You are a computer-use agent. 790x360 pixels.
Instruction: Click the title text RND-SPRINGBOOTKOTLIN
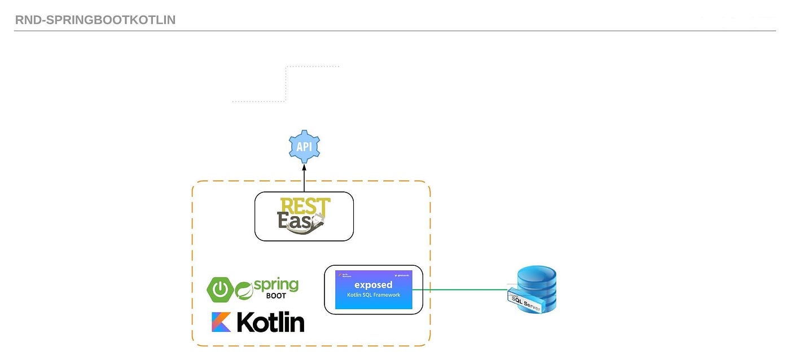(95, 20)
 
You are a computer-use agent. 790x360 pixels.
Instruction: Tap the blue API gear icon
(304, 147)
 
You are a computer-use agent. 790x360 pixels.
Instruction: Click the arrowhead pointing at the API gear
(304, 168)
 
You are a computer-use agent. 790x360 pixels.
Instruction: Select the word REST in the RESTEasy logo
(305, 205)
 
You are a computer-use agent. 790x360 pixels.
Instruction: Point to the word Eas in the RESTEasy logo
(293, 220)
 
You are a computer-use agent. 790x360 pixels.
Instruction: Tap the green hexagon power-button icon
(220, 289)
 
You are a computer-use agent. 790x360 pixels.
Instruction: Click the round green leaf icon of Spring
(244, 289)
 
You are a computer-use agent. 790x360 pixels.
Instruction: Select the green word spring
(276, 284)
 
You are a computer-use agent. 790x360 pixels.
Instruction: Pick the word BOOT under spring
(276, 296)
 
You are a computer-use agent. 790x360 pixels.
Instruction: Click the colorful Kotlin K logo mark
(221, 322)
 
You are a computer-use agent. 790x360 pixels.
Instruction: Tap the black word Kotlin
(270, 322)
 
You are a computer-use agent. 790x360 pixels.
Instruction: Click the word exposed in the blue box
(373, 285)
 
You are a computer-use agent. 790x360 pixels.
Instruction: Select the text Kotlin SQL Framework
(373, 295)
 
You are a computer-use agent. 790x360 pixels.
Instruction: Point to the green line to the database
(460, 290)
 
